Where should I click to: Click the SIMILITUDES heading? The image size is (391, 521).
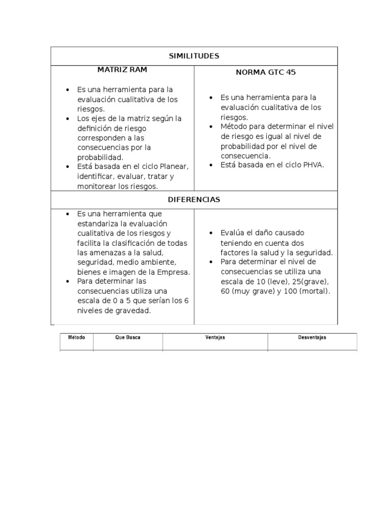[x=194, y=56]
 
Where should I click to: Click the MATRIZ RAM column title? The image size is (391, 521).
[x=123, y=69]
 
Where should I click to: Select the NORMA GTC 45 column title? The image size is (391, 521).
[x=266, y=72]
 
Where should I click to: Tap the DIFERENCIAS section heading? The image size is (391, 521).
[x=194, y=199]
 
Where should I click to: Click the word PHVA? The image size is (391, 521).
[x=313, y=165]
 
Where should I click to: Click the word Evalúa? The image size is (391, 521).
[x=232, y=233]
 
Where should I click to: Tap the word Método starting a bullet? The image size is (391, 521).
[x=234, y=127]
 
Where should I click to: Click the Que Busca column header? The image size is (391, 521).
[x=128, y=337]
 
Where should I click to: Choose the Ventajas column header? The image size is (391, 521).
[x=215, y=337]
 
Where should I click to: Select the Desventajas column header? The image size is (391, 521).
[x=312, y=337]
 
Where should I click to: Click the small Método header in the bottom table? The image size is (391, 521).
[x=76, y=337]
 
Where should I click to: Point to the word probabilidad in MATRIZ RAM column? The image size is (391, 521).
[x=100, y=157]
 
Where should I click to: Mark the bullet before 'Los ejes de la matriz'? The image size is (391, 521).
[x=67, y=119]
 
